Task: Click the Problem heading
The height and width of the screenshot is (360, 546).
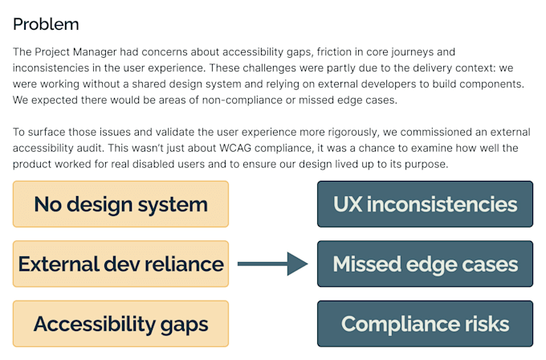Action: click(x=46, y=25)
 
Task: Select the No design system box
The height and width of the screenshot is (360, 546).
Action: click(x=120, y=204)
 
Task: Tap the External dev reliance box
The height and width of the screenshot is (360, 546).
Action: click(x=120, y=264)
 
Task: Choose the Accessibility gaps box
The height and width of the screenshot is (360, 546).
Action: click(x=120, y=324)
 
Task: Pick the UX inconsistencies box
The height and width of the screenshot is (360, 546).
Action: click(x=426, y=204)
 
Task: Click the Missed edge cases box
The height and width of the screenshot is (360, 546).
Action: click(x=426, y=264)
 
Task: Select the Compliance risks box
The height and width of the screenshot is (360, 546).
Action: click(x=426, y=324)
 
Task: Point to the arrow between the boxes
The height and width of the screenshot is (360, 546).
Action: click(x=273, y=264)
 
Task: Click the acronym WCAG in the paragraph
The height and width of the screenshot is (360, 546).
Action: click(x=235, y=148)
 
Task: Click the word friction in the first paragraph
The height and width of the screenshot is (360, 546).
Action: click(x=334, y=52)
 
